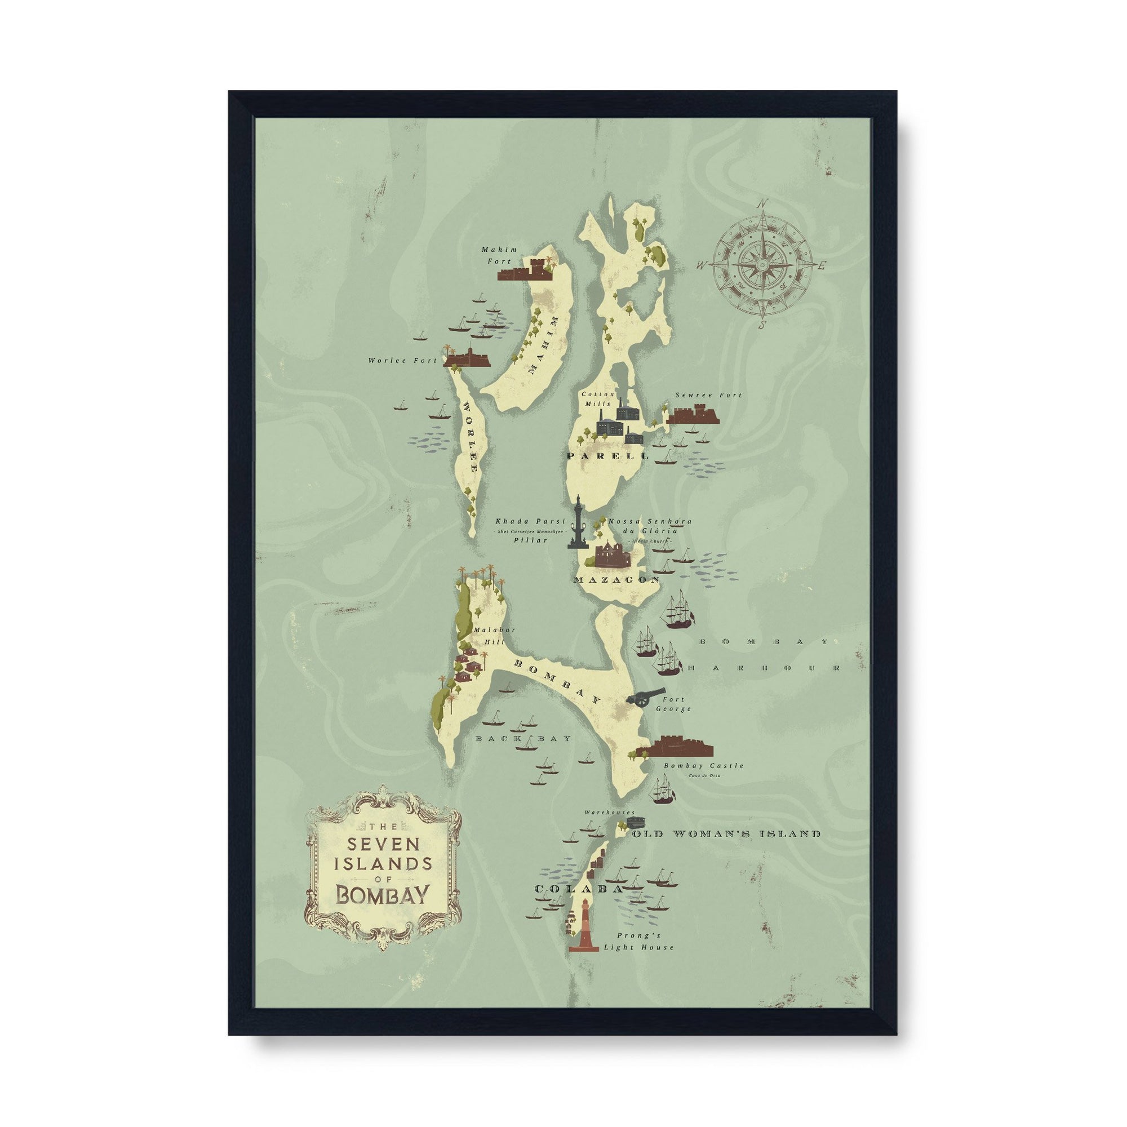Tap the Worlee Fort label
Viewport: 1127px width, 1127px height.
click(402, 361)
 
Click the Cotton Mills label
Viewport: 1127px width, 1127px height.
click(597, 399)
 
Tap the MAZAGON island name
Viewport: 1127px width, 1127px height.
click(616, 580)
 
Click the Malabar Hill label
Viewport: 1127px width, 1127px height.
click(487, 635)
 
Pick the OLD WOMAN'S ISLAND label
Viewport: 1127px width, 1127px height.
click(726, 834)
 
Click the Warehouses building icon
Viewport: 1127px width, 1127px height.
click(635, 823)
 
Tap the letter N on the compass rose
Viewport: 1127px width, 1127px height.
click(761, 203)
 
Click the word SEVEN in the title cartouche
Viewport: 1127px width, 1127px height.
click(383, 844)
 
